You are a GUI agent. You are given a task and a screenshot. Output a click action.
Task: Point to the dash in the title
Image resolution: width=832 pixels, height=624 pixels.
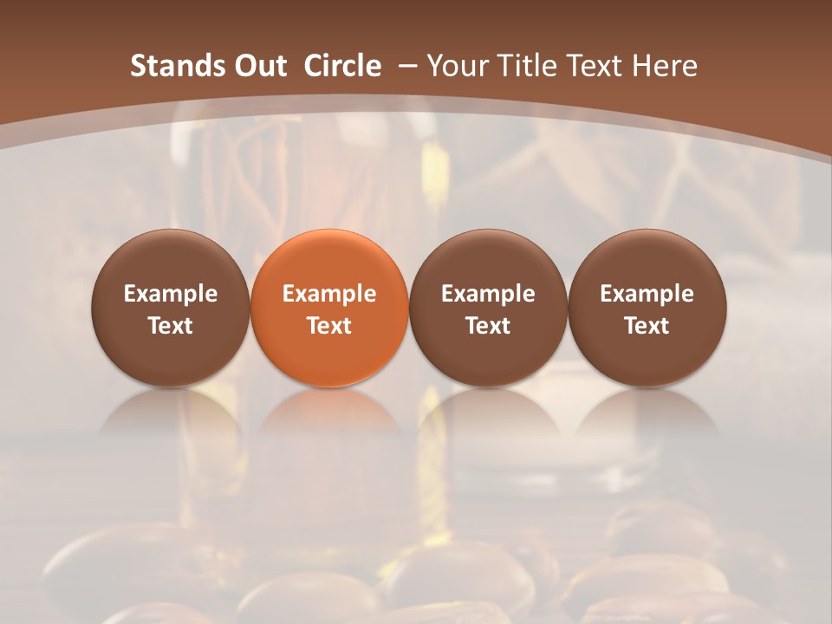click(x=406, y=67)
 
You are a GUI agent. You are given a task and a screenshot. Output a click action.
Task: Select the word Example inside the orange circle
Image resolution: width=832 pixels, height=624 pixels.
click(x=329, y=294)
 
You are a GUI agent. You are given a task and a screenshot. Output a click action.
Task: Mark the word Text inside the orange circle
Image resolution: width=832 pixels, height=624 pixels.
click(x=329, y=326)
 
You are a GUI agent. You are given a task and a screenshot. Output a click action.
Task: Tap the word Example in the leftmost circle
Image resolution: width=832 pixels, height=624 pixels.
click(x=171, y=294)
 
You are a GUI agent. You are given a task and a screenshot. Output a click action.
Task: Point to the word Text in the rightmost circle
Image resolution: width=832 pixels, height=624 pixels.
click(x=647, y=326)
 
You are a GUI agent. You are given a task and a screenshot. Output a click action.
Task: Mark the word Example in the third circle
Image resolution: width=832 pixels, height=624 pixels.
click(x=488, y=294)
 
